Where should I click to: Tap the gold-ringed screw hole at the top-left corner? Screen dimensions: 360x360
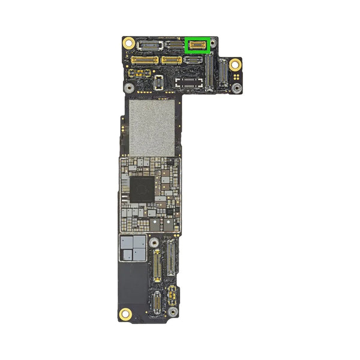128,43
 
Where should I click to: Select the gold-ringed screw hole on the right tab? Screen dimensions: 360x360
236,64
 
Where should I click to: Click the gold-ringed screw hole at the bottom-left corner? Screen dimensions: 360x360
126,313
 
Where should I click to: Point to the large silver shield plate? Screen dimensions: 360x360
152,127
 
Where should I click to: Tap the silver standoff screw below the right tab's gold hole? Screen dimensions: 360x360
237,88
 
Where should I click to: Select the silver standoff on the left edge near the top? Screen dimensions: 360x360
128,87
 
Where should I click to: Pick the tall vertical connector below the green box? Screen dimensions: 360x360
209,75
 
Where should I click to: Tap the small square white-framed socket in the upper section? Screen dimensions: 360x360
158,82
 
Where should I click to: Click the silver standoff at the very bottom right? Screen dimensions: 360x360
172,312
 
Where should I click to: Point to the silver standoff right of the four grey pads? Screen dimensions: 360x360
154,243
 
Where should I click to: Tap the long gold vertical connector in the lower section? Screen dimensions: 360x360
157,266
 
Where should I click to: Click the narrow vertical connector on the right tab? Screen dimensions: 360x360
223,75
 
